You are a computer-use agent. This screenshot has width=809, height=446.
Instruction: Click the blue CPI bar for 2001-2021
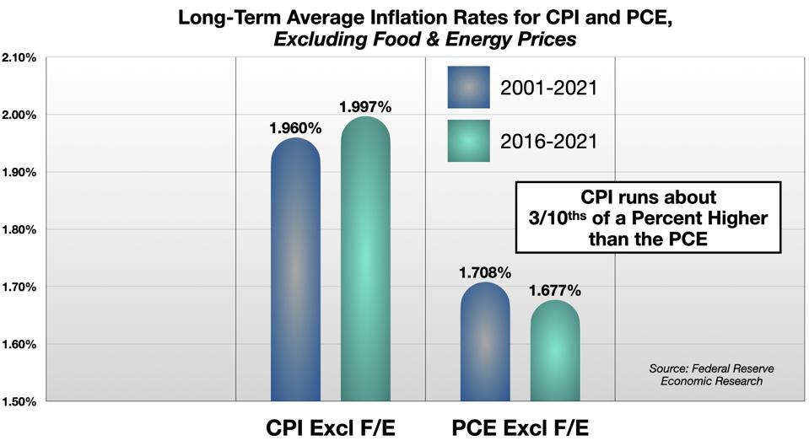tap(295, 270)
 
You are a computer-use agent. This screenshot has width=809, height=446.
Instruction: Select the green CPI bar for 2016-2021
tap(365, 261)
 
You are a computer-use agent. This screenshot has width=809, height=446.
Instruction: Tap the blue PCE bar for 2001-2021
tap(485, 341)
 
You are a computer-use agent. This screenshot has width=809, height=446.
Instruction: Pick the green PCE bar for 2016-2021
tap(555, 350)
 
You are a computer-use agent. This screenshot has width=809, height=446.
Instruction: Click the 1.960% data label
tap(295, 129)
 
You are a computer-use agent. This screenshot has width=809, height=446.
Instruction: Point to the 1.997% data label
tap(365, 107)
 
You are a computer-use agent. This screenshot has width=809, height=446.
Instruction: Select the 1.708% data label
tap(485, 272)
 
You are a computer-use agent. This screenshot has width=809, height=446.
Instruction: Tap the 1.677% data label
tap(555, 291)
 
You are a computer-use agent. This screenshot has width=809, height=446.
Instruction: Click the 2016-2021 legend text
tap(547, 141)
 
